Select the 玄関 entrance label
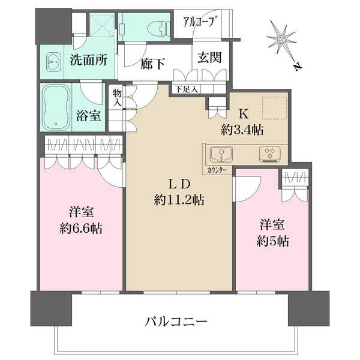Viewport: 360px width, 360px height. [x=210, y=59]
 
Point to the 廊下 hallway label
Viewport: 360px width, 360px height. [x=154, y=63]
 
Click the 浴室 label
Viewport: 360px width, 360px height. [x=88, y=116]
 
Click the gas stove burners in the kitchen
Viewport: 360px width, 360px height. [x=269, y=155]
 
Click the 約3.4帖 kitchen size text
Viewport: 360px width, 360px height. [x=244, y=129]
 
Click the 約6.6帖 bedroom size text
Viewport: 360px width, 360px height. [x=82, y=228]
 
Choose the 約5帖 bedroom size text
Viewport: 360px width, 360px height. [x=272, y=241]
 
